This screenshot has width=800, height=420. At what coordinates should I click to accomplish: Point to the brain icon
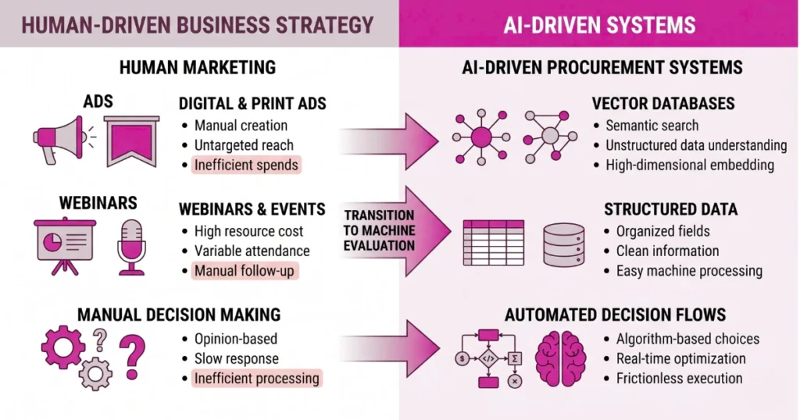click(560, 357)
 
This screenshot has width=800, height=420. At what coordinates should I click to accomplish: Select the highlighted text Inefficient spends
click(247, 165)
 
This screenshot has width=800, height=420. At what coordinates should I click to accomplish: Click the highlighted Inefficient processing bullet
click(257, 378)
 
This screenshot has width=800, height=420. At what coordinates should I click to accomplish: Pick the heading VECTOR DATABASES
click(663, 104)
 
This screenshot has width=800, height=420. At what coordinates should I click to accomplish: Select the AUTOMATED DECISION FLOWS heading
click(616, 315)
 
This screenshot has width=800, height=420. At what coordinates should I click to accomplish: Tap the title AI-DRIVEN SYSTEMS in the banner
click(599, 24)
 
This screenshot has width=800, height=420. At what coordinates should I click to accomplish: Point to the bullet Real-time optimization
click(680, 358)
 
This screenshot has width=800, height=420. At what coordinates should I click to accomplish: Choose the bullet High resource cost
click(248, 231)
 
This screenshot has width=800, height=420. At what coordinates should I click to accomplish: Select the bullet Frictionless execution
click(679, 378)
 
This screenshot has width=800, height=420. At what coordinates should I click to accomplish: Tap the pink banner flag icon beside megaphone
click(131, 140)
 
